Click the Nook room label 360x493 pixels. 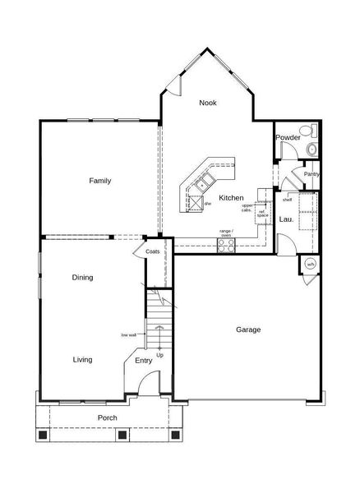click(x=208, y=103)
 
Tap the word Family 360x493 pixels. click(x=100, y=181)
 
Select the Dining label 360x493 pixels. click(x=82, y=278)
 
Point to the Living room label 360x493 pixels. click(x=82, y=360)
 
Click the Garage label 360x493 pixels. click(x=248, y=329)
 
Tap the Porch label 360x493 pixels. click(x=107, y=418)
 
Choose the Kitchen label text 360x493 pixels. click(x=231, y=199)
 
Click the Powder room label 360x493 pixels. click(x=287, y=137)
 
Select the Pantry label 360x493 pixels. click(x=311, y=174)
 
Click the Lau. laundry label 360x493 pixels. click(x=286, y=219)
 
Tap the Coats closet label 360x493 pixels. click(x=153, y=251)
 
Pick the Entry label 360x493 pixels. click(x=144, y=360)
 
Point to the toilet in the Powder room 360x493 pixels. click(x=310, y=149)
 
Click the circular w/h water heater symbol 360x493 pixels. click(x=311, y=264)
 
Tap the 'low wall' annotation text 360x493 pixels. click(x=128, y=334)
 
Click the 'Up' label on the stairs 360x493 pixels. click(x=159, y=355)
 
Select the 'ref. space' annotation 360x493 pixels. click(x=262, y=214)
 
